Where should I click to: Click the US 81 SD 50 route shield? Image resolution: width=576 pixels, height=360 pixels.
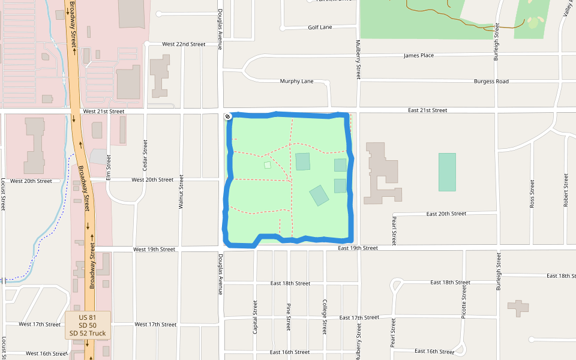click(88, 325)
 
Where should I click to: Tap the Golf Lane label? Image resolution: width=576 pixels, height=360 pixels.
click(320, 28)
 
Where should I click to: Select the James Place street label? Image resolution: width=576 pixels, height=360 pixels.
click(419, 56)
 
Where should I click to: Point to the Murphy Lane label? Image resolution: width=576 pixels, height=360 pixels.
click(296, 82)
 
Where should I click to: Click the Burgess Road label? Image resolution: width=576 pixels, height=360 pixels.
click(491, 82)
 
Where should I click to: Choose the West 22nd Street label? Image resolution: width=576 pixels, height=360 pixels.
click(184, 44)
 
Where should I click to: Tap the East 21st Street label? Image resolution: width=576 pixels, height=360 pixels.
click(428, 110)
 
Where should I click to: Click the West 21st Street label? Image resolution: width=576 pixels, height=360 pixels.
click(104, 112)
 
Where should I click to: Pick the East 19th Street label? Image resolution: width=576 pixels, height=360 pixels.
click(358, 248)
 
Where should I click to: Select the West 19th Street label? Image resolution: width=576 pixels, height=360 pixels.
click(154, 249)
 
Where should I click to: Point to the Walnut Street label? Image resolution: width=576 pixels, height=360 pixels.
click(181, 192)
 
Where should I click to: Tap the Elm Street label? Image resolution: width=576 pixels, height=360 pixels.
click(109, 167)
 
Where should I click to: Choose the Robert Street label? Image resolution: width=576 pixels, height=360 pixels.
click(566, 190)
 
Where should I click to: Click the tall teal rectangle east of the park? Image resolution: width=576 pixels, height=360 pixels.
click(447, 172)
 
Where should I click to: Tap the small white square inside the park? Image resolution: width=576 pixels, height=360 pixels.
click(268, 165)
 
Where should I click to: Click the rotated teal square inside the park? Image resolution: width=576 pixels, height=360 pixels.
click(319, 196)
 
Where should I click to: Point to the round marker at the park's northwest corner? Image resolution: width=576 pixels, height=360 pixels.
click(228, 116)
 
